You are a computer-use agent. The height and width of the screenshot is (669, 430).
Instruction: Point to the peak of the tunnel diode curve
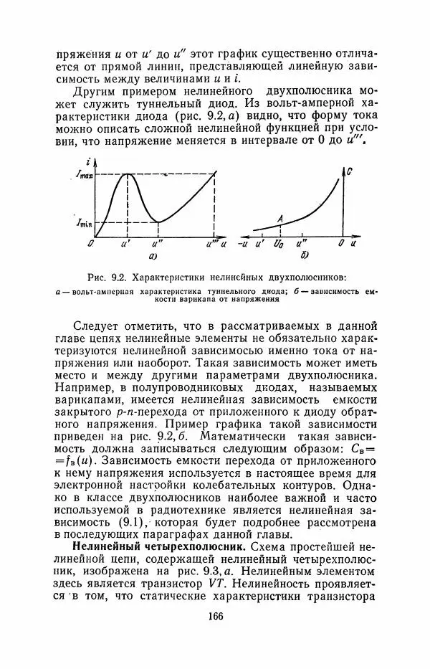point(128,174)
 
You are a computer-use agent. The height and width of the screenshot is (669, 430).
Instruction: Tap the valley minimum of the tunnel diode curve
point(158,222)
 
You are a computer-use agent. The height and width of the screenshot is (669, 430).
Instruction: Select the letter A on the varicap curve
point(280,218)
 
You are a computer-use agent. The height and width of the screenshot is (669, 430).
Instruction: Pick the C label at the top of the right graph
point(348,172)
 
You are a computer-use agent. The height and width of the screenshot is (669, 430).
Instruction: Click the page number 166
point(215,616)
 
